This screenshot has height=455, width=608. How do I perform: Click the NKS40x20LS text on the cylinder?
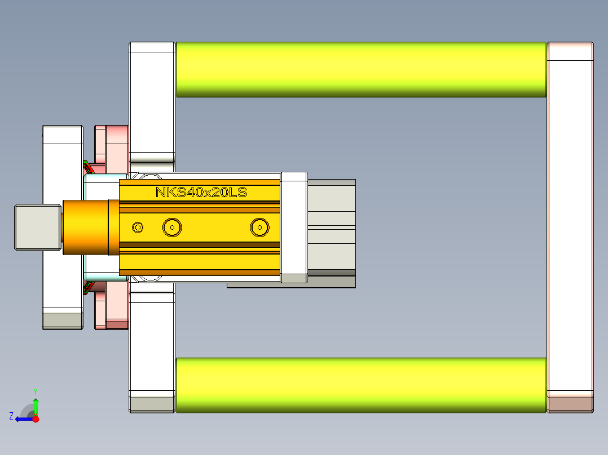[x=201, y=193]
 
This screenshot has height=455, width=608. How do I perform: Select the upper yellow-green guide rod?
[x=361, y=69]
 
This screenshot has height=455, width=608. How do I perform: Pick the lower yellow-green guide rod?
[x=361, y=385]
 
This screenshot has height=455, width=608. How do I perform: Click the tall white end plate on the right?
[x=570, y=225]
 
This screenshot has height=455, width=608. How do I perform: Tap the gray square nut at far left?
[x=37, y=227]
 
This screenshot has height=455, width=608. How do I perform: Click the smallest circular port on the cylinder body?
[x=138, y=227]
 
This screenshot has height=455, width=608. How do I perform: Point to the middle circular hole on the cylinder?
[x=172, y=227]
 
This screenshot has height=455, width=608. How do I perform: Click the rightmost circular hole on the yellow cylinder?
[x=259, y=227]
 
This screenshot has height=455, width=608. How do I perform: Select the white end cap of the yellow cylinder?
[x=293, y=227]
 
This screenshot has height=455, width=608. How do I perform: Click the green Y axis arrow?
[x=36, y=405]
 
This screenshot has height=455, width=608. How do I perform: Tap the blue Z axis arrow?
[x=23, y=419]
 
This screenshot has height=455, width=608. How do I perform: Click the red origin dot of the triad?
[x=36, y=419]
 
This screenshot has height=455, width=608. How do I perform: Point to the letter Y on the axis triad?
[x=36, y=391]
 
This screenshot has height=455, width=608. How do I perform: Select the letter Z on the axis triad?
[x=11, y=416]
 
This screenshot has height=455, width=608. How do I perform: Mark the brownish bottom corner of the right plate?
[x=570, y=404]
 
